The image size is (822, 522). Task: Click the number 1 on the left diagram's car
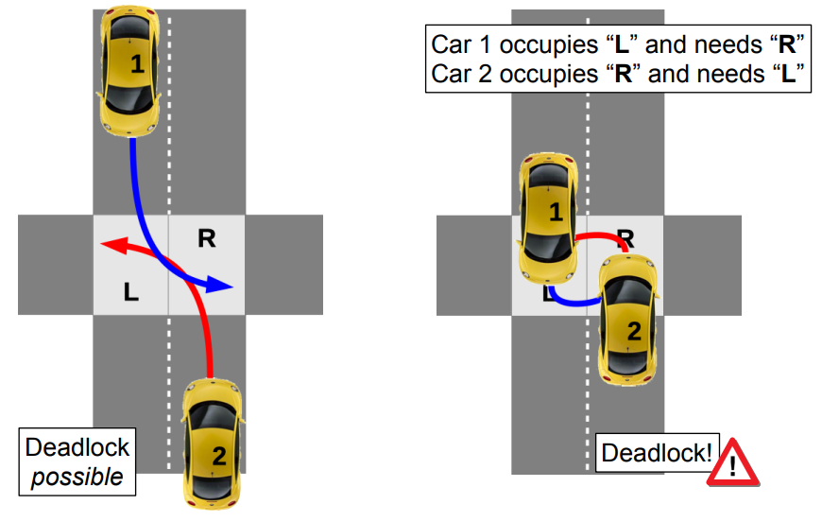coord(138,65)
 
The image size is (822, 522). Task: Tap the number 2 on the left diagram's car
coord(219,457)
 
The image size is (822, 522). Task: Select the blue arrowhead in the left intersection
coord(221,285)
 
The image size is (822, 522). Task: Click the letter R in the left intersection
coord(206,239)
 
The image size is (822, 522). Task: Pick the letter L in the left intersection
coord(131,293)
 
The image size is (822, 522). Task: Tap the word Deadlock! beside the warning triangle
coord(657,453)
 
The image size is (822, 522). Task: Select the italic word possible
coord(77,477)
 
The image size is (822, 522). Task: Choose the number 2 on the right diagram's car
coord(634,331)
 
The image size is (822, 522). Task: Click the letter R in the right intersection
coord(625,236)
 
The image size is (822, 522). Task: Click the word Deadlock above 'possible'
coord(77,447)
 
